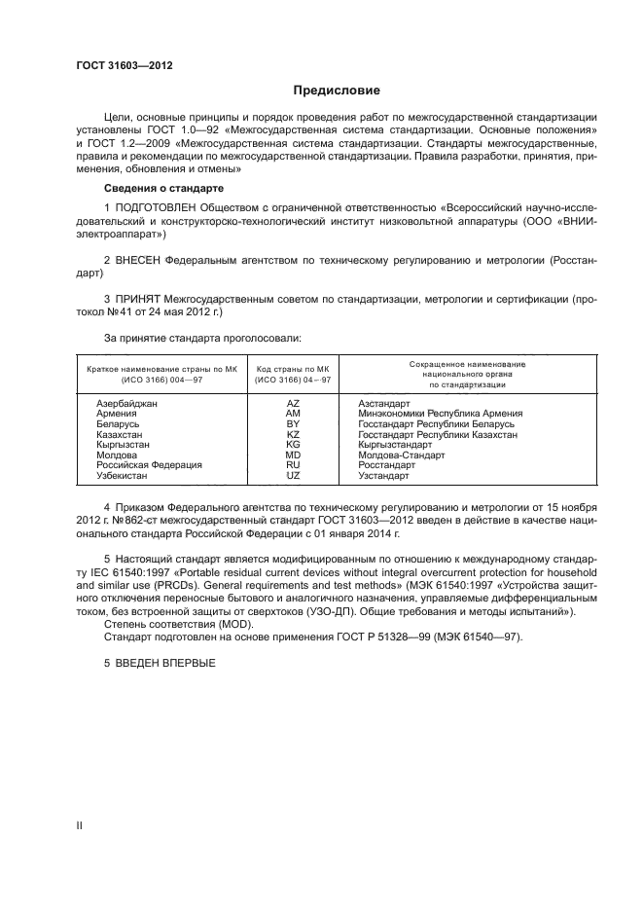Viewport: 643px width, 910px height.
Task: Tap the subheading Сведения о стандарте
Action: [x=163, y=187]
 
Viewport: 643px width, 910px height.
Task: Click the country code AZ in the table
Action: [x=293, y=403]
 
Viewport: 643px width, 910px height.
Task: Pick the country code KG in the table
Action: [x=293, y=444]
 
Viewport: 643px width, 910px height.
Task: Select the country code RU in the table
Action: [x=293, y=465]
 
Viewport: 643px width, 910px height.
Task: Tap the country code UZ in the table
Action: [x=293, y=476]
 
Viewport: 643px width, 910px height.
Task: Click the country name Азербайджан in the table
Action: [x=126, y=403]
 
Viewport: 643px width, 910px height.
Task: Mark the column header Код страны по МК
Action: [x=293, y=369]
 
